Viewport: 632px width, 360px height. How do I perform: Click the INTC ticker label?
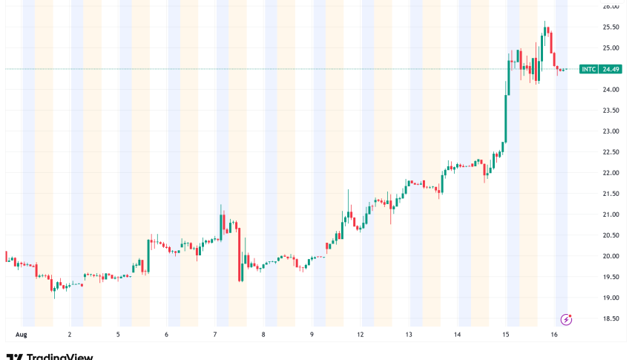(588, 69)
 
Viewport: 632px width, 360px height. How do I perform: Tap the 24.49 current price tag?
(611, 69)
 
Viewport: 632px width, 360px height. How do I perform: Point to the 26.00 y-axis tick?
(610, 7)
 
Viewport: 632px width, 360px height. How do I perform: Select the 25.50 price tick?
(610, 27)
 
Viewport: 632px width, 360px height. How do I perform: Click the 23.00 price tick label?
(610, 131)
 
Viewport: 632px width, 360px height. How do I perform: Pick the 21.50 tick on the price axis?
(610, 194)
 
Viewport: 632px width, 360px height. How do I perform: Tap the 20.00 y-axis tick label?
(610, 256)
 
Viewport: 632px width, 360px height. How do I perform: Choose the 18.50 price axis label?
(610, 318)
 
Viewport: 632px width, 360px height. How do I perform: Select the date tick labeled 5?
(118, 335)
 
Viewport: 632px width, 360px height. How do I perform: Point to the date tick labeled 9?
(312, 335)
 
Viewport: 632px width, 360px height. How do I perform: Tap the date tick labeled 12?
(361, 335)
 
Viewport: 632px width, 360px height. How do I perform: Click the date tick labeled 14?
(458, 335)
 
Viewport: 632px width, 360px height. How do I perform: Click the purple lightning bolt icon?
(567, 320)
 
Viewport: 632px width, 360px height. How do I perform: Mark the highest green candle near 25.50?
(545, 37)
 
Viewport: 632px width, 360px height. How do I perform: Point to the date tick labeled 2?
(69, 335)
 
